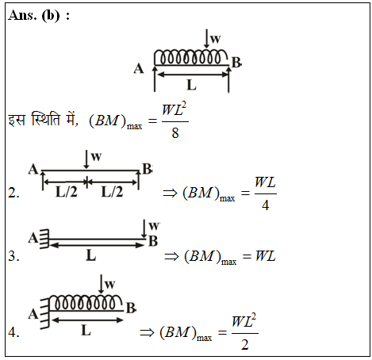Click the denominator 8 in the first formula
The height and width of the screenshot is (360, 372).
175,132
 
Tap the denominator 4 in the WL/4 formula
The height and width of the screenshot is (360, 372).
266,205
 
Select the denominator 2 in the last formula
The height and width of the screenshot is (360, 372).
245,345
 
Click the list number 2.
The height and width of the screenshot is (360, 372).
13,193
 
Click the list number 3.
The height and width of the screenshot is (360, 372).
13,256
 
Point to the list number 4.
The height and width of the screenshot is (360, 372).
13,332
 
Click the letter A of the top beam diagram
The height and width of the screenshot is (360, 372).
139,68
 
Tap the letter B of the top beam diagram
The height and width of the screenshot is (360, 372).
236,63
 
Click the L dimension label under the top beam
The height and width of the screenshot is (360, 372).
191,85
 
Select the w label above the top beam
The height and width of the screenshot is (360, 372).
215,39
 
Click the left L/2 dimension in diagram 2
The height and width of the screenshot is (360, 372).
67,192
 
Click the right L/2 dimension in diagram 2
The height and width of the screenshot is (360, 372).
112,192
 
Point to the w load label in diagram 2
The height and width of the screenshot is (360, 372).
96,157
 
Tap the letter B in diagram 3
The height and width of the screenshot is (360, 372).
153,241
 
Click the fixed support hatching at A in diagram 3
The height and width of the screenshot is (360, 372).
44,239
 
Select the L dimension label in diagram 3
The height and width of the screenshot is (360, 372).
91,255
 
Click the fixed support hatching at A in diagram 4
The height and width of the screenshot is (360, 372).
45,313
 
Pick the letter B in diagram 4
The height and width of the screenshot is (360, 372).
131,308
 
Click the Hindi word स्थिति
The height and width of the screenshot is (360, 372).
46,120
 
